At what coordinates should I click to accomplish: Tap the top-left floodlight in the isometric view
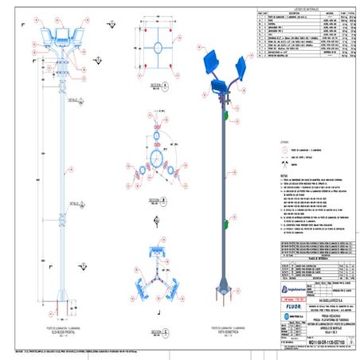pos(212,61)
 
